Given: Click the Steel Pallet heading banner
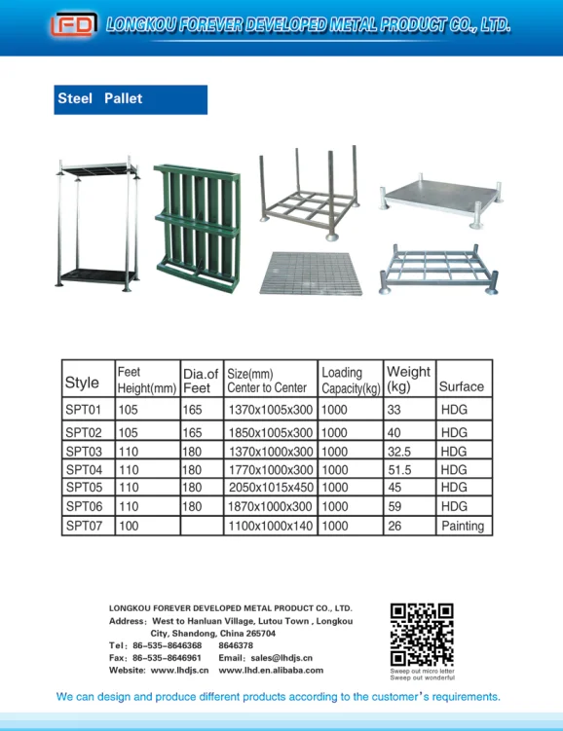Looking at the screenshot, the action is click(131, 99).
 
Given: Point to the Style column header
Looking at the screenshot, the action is click(82, 383).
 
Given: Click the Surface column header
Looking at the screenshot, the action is click(462, 386).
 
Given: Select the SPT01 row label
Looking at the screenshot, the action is click(84, 410).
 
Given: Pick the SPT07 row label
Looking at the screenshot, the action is click(84, 526).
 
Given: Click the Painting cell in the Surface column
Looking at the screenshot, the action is click(463, 526).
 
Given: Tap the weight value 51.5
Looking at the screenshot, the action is click(399, 470).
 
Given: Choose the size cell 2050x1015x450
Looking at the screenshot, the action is click(270, 488).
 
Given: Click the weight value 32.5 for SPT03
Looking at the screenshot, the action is click(399, 452).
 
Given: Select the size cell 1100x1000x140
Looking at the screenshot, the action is click(270, 526).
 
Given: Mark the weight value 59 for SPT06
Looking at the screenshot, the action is click(394, 506).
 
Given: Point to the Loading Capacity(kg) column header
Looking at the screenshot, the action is click(350, 380).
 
